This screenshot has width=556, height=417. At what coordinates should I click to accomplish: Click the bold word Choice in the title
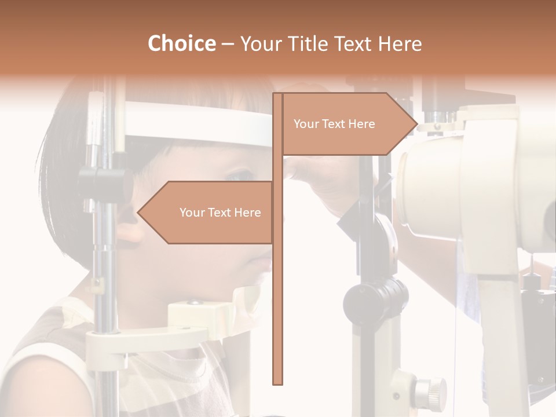[181, 43]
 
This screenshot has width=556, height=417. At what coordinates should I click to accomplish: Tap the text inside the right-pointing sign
[334, 124]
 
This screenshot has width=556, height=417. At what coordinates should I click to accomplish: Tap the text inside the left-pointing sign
[220, 213]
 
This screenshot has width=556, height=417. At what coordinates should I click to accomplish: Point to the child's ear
[129, 229]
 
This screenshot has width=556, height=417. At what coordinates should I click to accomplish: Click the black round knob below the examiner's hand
[375, 298]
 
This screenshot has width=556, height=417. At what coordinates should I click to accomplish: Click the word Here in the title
[400, 43]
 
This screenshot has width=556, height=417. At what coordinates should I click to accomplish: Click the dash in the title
[228, 44]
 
